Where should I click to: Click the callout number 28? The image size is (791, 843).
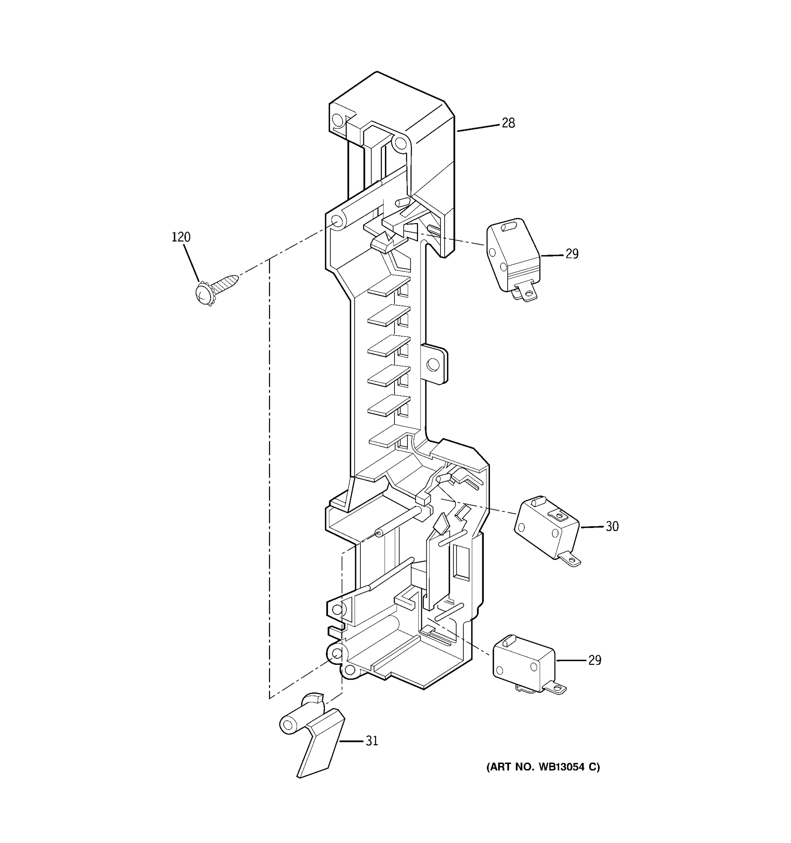(508, 123)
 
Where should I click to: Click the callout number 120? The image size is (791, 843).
(181, 237)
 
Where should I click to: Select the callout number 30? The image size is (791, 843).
(611, 526)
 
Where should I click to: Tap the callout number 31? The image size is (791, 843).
(372, 741)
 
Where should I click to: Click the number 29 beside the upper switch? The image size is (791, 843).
(572, 254)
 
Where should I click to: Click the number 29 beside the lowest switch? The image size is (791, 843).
(594, 660)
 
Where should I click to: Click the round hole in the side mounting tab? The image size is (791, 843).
(432, 364)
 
